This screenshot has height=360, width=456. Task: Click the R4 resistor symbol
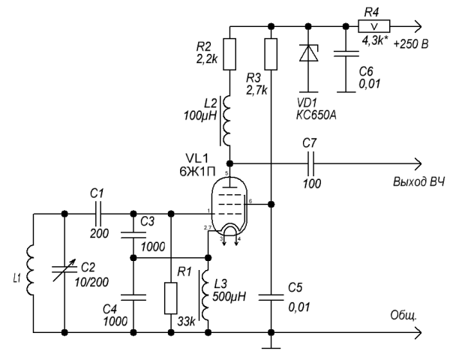373,26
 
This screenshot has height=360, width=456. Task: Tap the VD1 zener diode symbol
308,53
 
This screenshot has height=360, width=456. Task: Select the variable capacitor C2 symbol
64,271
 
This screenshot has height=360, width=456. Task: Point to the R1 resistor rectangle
171,298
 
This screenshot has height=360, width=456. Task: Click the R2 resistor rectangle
229,54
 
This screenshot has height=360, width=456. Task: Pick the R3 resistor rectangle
271,54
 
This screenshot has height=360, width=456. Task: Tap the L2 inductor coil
226,121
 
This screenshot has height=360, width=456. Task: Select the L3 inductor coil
205,295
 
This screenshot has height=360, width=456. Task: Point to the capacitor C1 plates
98,214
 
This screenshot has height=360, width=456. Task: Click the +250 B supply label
411,44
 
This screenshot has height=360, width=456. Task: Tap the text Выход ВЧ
419,182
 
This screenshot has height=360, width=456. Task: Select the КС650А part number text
316,115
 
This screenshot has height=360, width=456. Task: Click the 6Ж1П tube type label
197,172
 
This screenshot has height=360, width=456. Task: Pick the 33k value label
187,322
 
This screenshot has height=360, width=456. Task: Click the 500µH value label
229,296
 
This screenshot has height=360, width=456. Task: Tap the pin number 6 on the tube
250,201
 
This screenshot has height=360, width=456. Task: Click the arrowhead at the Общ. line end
418,332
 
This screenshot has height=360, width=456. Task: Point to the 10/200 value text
91,282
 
